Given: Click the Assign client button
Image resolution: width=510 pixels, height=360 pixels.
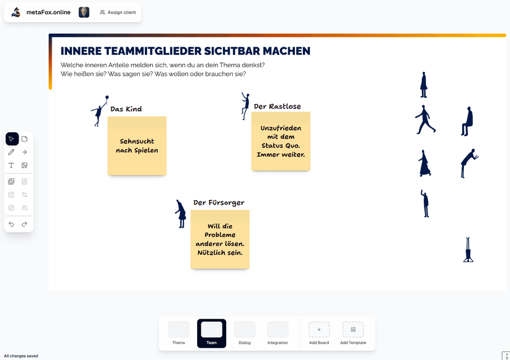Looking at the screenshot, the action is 118,12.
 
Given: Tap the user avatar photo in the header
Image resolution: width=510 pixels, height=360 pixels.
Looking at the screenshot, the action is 84,12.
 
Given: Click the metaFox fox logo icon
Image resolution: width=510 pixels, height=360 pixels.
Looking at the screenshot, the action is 16,12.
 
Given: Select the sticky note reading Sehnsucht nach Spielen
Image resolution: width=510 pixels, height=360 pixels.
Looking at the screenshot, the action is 137,146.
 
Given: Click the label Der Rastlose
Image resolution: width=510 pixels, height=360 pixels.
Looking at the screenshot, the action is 277,106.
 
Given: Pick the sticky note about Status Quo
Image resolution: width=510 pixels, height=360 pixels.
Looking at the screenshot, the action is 281,142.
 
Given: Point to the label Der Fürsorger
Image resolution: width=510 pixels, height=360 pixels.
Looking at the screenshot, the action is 219,202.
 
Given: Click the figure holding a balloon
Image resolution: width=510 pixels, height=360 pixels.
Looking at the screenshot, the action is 99,111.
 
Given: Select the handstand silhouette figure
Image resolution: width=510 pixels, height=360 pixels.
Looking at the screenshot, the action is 468,249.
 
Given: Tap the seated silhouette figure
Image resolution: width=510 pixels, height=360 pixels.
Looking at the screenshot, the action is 467,121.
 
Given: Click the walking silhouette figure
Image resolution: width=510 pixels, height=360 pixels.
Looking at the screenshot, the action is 425,119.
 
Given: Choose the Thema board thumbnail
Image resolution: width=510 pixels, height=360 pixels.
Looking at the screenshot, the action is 178,330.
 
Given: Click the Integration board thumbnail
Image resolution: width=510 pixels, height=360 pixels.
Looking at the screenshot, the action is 278,330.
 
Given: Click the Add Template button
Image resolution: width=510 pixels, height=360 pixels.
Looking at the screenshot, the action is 353,333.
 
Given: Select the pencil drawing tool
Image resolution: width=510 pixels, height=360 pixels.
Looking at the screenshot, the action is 11,152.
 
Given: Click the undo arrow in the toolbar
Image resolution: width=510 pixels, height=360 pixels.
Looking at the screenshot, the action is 11,224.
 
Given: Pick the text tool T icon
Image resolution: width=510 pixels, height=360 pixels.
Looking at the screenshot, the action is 11,166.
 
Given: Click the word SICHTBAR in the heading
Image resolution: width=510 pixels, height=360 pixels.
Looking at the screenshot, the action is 232,51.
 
